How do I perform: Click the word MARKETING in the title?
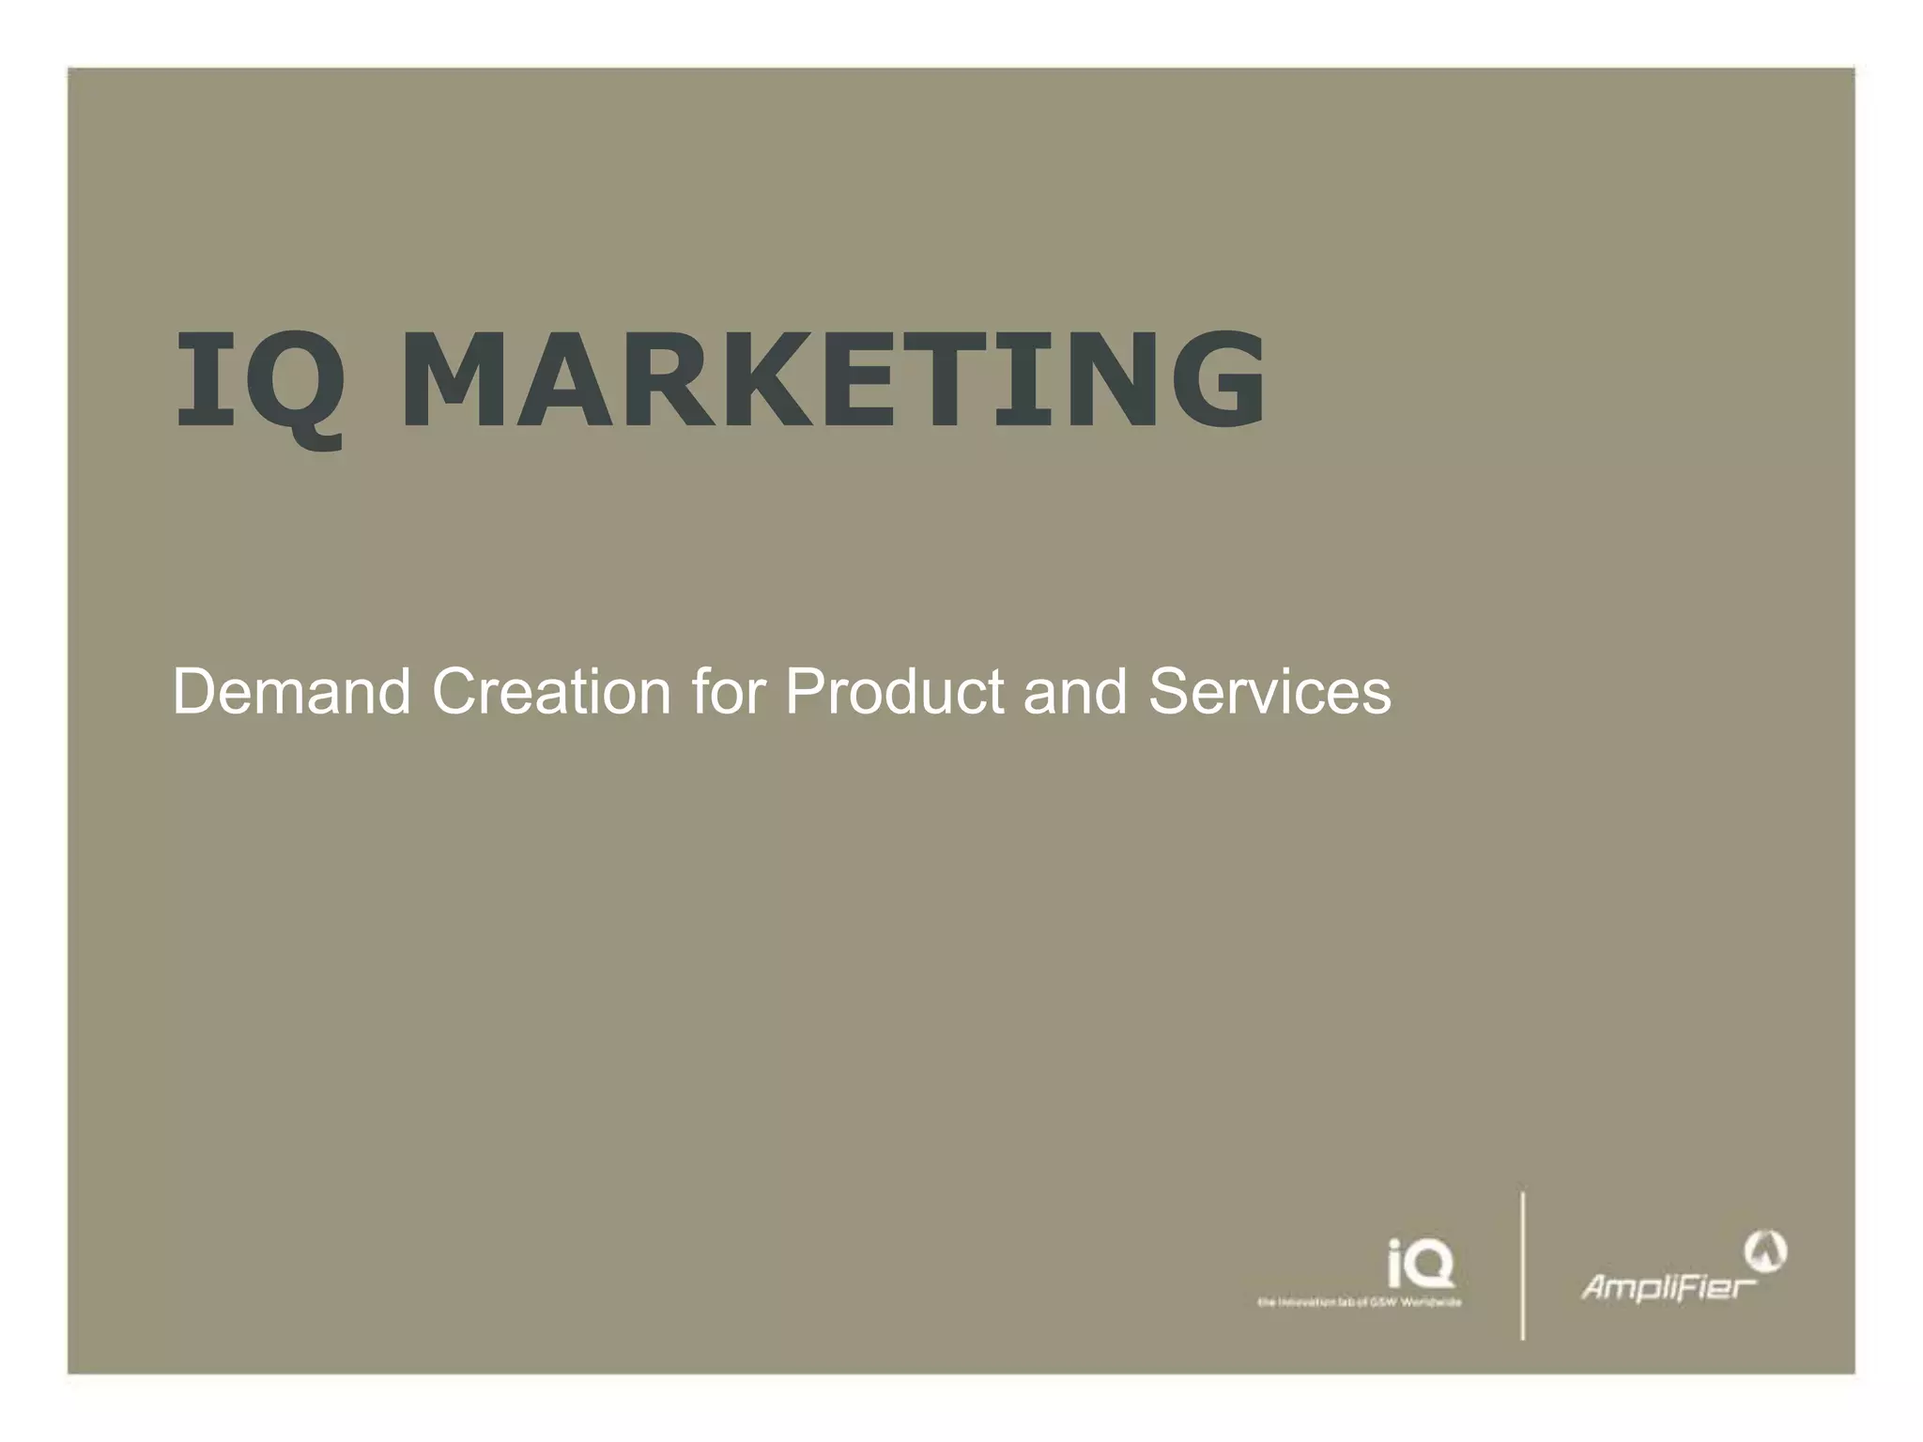[833, 380]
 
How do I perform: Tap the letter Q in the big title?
[299, 385]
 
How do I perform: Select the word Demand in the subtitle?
[291, 692]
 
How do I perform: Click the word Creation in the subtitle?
[551, 692]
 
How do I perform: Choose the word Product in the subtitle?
[894, 692]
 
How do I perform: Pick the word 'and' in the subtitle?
[1074, 692]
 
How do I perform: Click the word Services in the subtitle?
[1269, 692]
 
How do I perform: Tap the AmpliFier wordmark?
[1669, 1286]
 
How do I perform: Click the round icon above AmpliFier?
[1765, 1250]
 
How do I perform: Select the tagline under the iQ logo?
[1359, 1302]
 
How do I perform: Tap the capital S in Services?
[1168, 692]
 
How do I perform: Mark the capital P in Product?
[804, 692]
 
